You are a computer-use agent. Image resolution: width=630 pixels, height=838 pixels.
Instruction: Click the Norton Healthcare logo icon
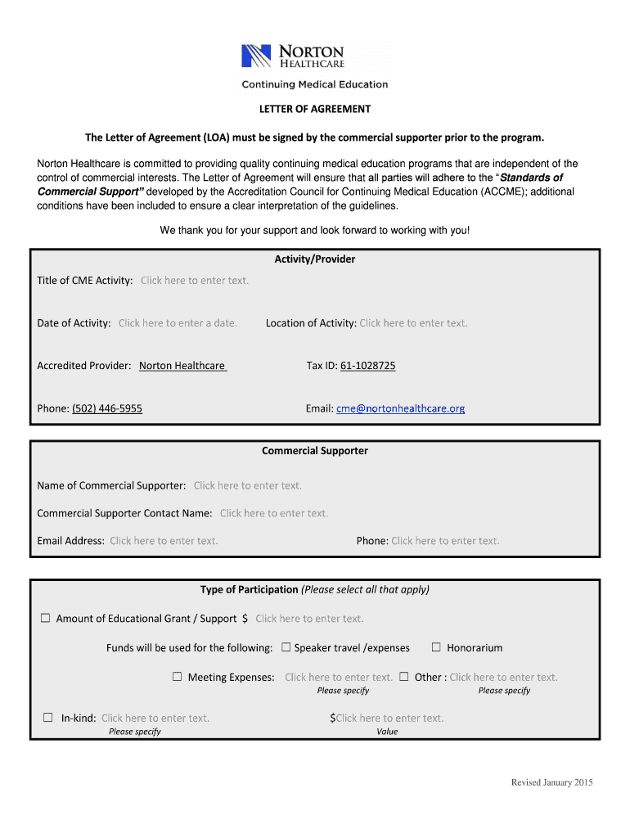point(256,56)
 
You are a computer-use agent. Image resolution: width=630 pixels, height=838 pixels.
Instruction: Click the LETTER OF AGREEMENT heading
point(315,109)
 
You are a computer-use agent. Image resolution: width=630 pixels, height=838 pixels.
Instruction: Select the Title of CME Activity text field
point(194,281)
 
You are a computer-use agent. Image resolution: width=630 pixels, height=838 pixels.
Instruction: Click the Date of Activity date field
point(178,323)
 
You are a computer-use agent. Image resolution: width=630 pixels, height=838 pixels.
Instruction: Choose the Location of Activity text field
point(413,323)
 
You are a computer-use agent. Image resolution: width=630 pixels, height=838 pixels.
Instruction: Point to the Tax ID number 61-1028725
point(367,366)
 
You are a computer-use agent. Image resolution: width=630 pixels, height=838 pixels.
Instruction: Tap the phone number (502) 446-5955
point(107,408)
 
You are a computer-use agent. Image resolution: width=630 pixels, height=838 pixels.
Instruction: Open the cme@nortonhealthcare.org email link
point(400,408)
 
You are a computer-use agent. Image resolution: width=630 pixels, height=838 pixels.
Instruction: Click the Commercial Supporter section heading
point(315,451)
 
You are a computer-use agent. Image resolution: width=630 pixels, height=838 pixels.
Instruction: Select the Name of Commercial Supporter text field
point(247,486)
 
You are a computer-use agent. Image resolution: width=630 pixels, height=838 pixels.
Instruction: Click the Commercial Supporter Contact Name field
point(273,514)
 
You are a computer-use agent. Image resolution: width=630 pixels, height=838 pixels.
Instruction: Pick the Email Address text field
point(164,541)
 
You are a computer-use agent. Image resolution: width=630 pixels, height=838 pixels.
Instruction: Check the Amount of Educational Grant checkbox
point(46,619)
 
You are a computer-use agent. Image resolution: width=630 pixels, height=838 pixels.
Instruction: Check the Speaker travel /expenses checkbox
point(286,647)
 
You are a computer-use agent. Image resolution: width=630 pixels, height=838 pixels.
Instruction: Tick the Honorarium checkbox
point(436,647)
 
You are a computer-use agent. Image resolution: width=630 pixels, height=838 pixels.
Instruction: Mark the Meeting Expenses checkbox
point(177,677)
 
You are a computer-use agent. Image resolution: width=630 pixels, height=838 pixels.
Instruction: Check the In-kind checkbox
point(48,718)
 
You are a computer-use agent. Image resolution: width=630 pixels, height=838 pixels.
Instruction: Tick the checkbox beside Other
point(404,677)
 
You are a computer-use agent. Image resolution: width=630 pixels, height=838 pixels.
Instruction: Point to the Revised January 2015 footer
point(551,783)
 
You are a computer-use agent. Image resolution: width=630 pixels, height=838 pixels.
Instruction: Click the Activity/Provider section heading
point(315,259)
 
